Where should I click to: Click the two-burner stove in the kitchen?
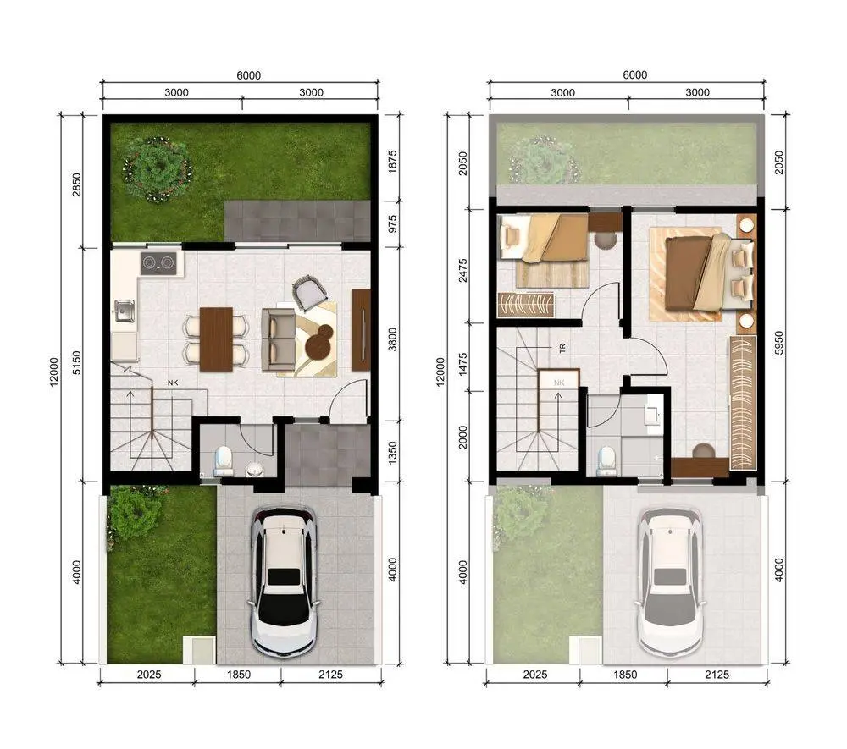coord(159,263)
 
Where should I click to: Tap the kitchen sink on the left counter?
coord(125,311)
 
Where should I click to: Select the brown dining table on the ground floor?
coord(216,339)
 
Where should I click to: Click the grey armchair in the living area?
coord(309,292)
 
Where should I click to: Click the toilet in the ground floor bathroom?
coord(223,461)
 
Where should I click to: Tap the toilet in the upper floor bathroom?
coord(607,461)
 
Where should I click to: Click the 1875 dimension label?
coord(393,162)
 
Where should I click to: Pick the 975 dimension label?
coord(393,224)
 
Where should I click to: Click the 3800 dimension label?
coord(393,339)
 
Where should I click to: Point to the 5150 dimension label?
coord(77,362)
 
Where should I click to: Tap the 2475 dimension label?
coord(463,270)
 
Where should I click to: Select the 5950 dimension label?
coord(778,343)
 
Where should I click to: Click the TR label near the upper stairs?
coord(562,350)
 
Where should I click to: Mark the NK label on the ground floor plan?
coord(173,383)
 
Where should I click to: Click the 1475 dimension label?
coord(463,365)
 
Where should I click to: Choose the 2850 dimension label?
coord(77,184)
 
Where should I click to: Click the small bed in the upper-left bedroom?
coord(544,238)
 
